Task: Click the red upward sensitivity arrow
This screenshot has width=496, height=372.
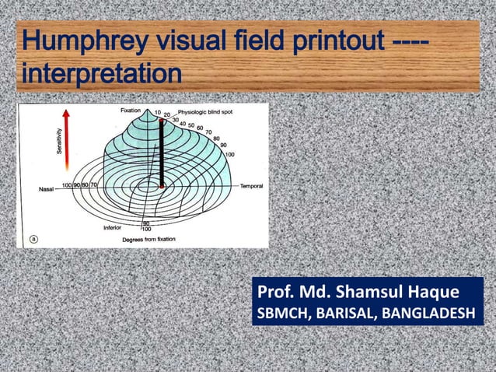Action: (x=68, y=140)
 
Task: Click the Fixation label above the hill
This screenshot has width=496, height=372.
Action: (x=130, y=111)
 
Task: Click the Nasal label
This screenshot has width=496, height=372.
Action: (x=47, y=188)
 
